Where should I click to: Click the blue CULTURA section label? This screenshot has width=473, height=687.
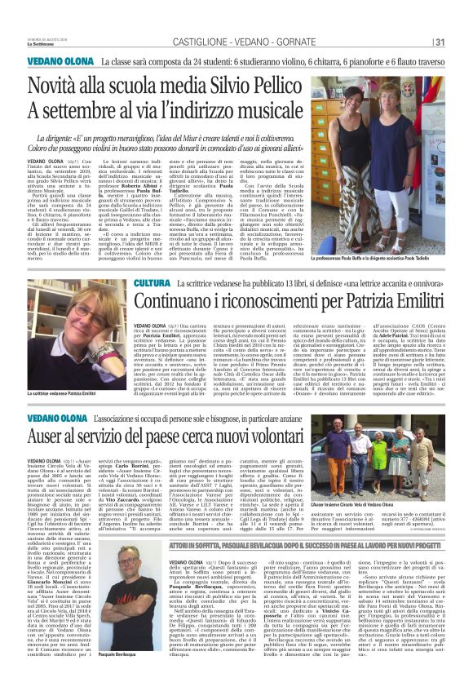click(151, 282)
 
